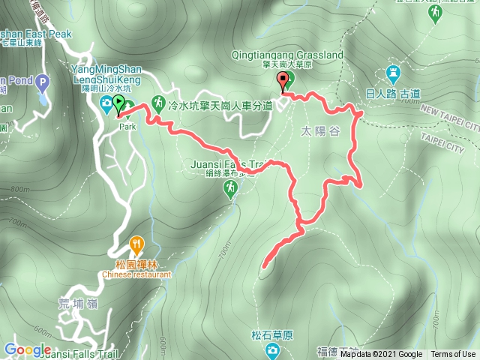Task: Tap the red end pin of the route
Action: pos(283,82)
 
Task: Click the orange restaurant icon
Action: pos(136,243)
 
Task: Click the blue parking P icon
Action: pos(42,82)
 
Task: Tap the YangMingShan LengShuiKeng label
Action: pos(106,73)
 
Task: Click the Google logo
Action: pos(27,350)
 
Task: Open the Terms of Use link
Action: pos(452,355)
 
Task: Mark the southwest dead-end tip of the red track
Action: pos(265,264)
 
